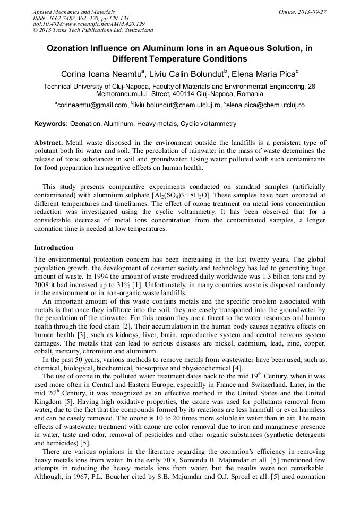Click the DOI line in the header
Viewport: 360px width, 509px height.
pyautogui.click(x=88, y=24)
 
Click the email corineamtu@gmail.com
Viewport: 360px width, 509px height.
pyautogui.click(x=93, y=106)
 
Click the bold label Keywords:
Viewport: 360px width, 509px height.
pyautogui.click(x=51, y=124)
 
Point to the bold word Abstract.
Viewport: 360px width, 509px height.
pyautogui.click(x=48, y=143)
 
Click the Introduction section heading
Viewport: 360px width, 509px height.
pyautogui.click(x=54, y=248)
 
